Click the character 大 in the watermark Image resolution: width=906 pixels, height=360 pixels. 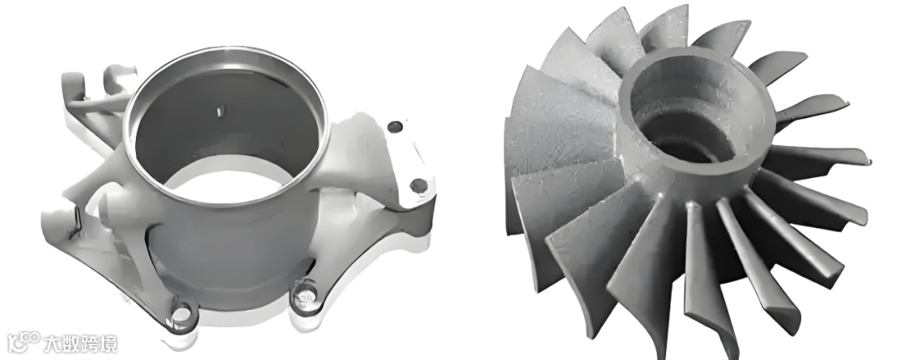pyautogui.click(x=53, y=343)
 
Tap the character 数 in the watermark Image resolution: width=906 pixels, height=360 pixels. pyautogui.click(x=70, y=343)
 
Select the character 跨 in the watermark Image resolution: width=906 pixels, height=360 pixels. pyautogui.click(x=89, y=343)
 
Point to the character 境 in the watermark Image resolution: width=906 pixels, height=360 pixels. pyautogui.click(x=108, y=343)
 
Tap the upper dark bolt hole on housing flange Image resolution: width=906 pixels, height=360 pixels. pyautogui.click(x=394, y=127)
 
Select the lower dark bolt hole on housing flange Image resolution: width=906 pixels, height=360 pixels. pyautogui.click(x=419, y=185)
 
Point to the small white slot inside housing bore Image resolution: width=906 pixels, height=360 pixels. pyautogui.click(x=219, y=112)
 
